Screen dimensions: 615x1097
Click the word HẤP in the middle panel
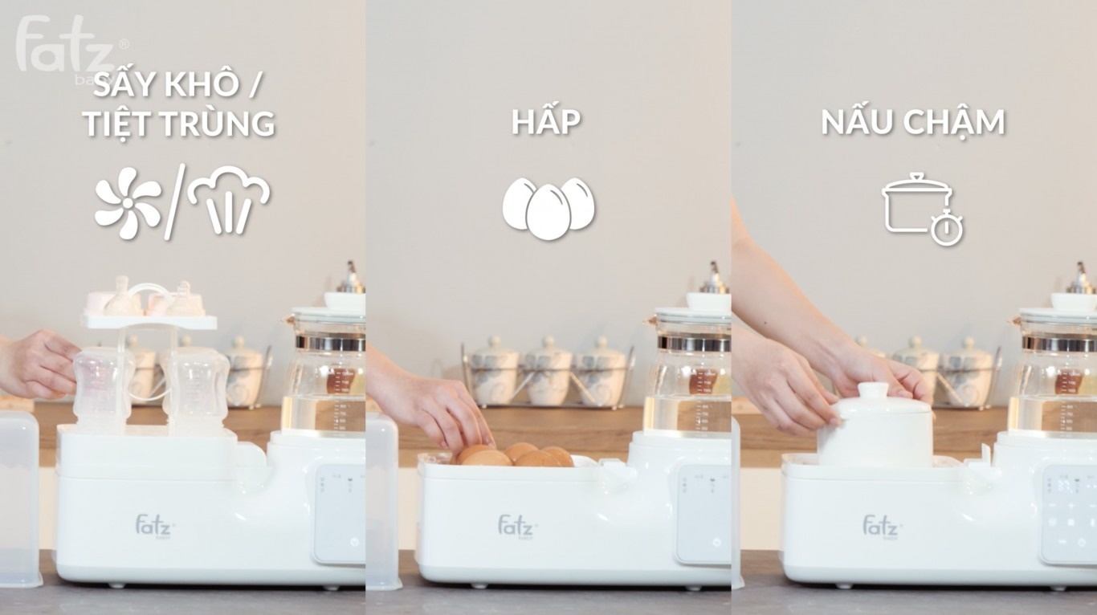tap(546, 123)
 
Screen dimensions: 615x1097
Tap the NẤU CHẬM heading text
tap(912, 123)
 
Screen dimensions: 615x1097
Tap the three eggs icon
tap(548, 207)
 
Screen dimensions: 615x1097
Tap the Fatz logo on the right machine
tap(882, 527)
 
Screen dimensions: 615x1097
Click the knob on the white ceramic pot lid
tap(875, 390)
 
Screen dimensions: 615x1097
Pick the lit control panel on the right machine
tap(1068, 514)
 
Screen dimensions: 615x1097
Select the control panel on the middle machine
tap(703, 514)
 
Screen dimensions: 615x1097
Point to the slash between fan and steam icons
tap(174, 201)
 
